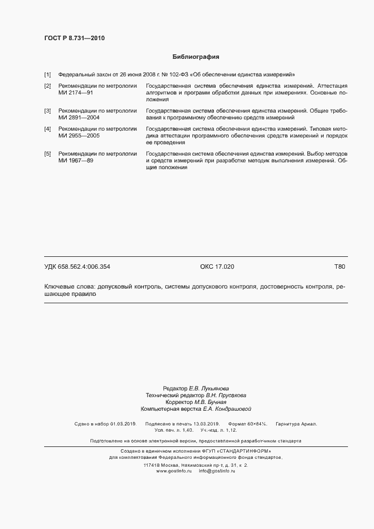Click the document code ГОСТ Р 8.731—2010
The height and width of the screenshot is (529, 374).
[74, 38]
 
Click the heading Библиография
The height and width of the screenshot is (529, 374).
[196, 57]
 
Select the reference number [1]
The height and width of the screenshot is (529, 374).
[48, 75]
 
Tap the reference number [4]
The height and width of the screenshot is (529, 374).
[48, 129]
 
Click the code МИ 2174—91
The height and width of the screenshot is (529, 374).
[76, 92]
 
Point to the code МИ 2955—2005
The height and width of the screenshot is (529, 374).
[79, 136]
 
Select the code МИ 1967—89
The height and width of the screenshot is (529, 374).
[76, 161]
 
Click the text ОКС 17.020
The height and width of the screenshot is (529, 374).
[217, 266]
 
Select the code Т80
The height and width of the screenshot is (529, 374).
[339, 266]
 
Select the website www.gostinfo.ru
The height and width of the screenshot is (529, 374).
[174, 471]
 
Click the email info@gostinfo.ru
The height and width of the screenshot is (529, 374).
[217, 471]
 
